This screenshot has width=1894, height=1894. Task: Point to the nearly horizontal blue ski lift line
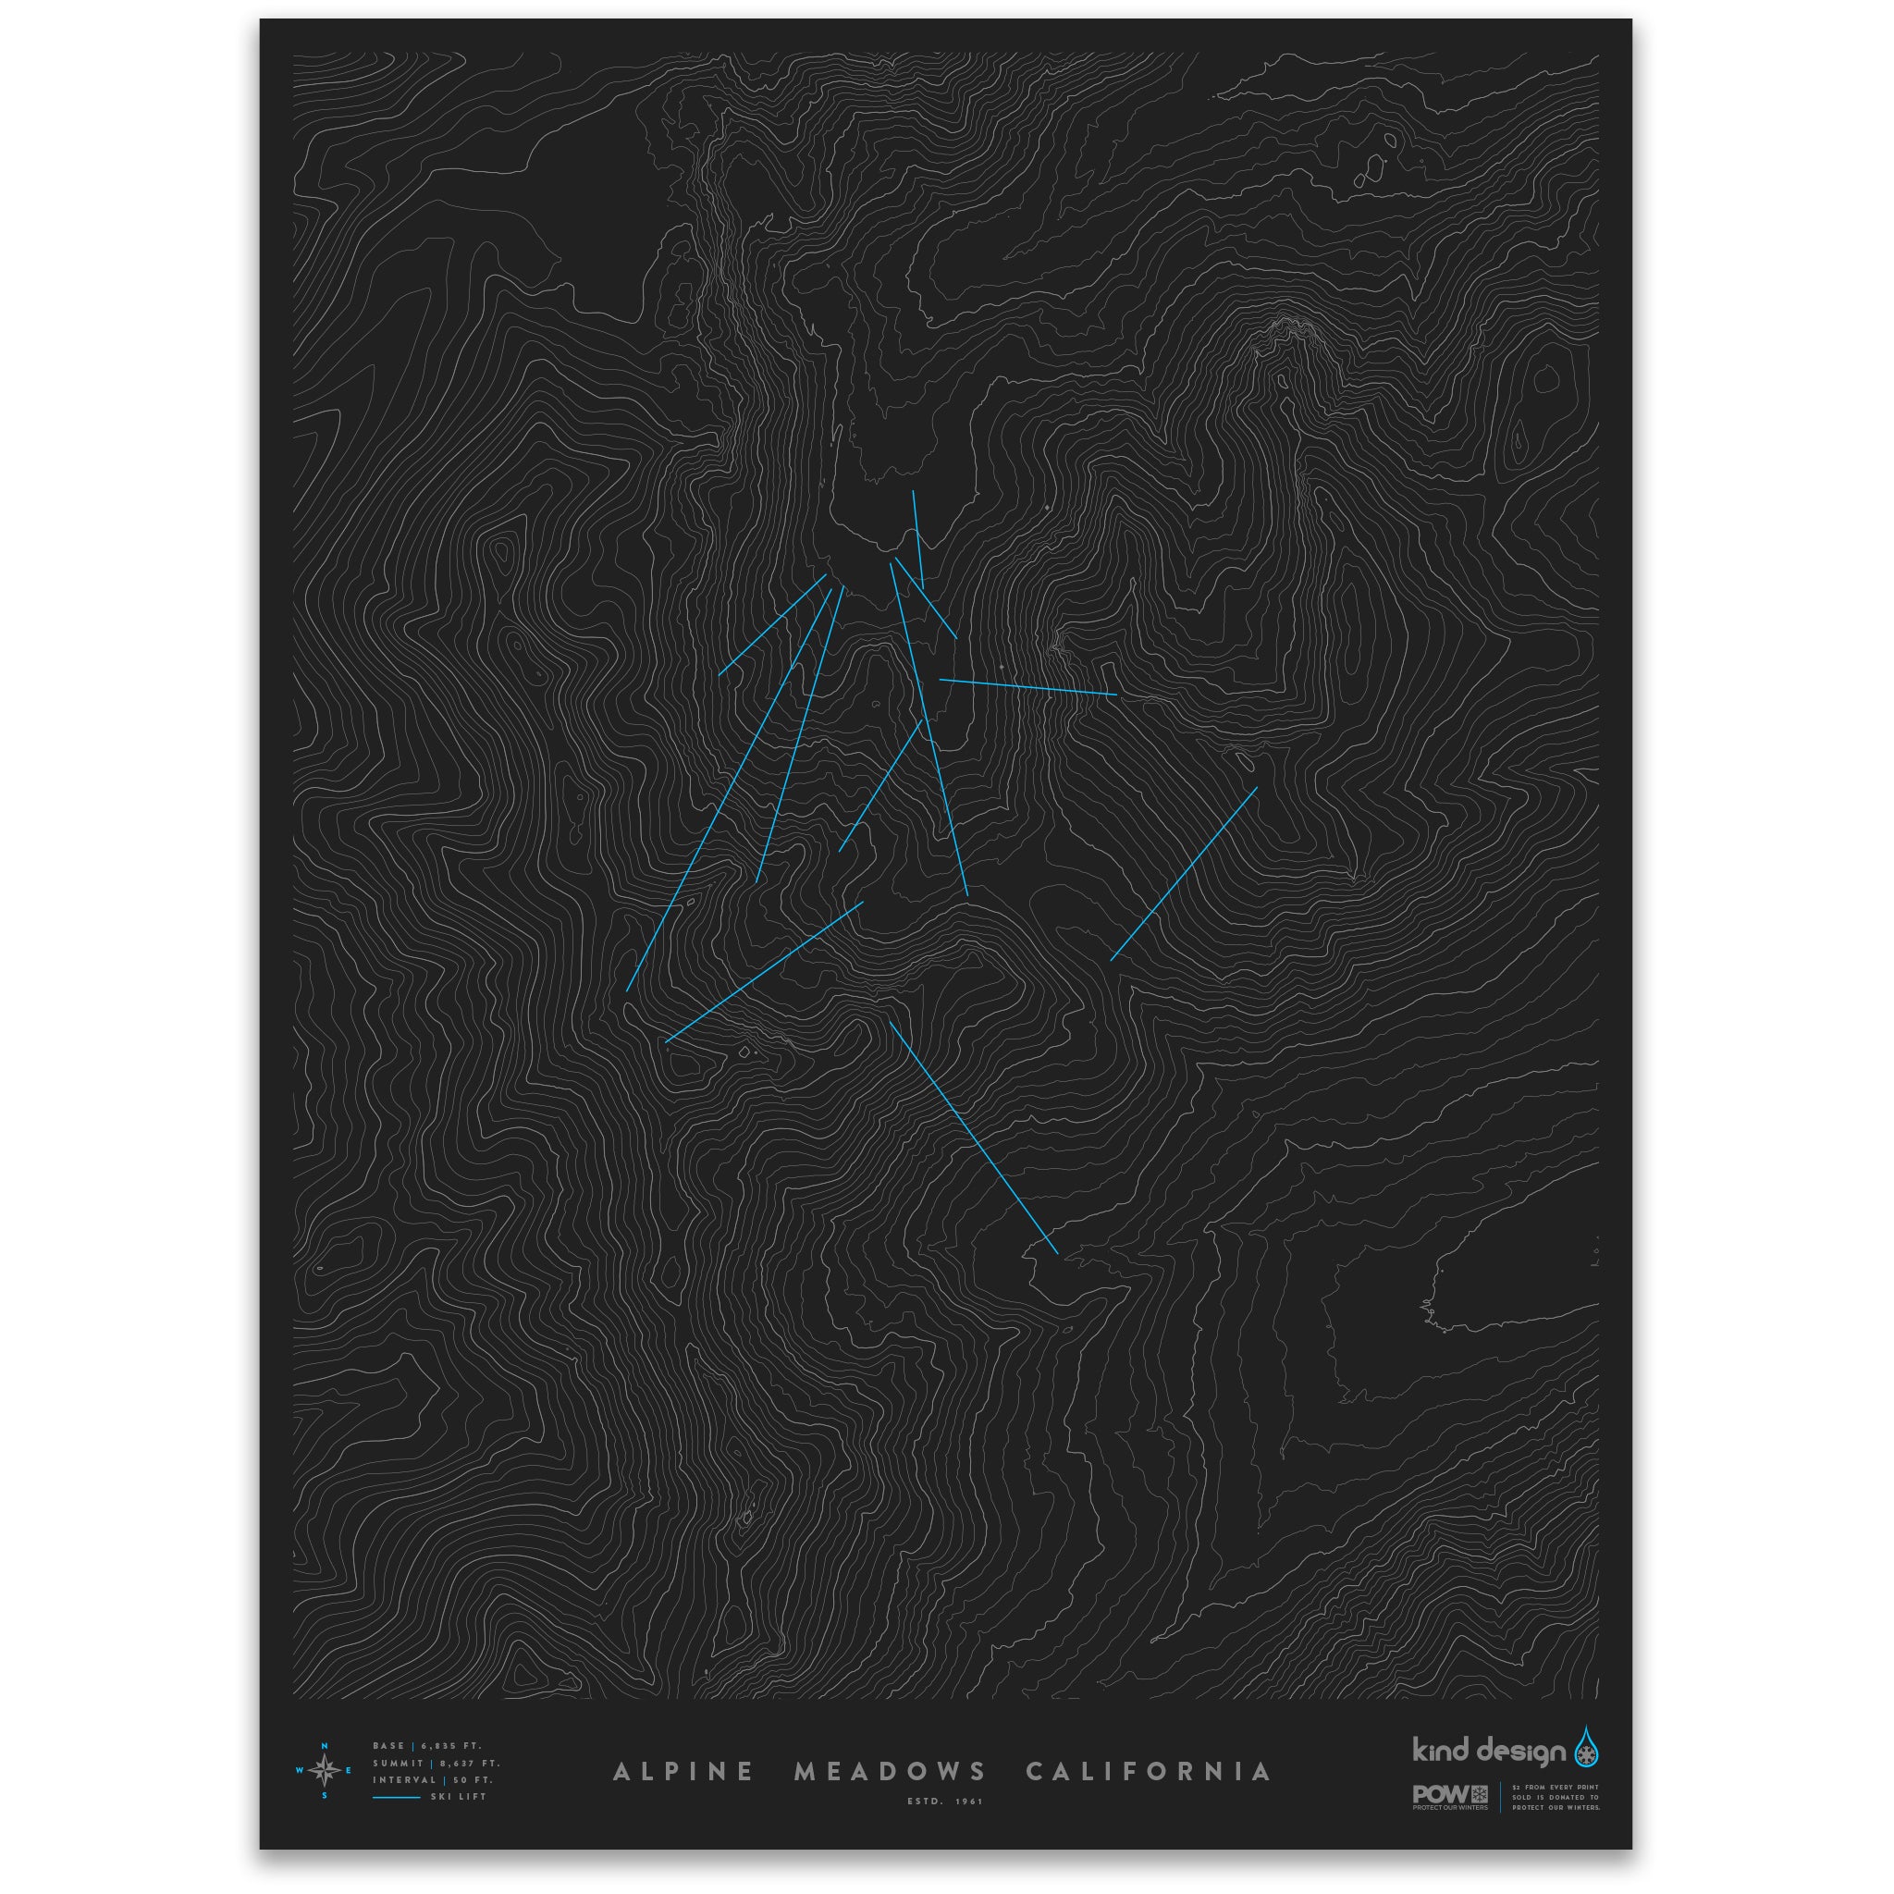click(1027, 687)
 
